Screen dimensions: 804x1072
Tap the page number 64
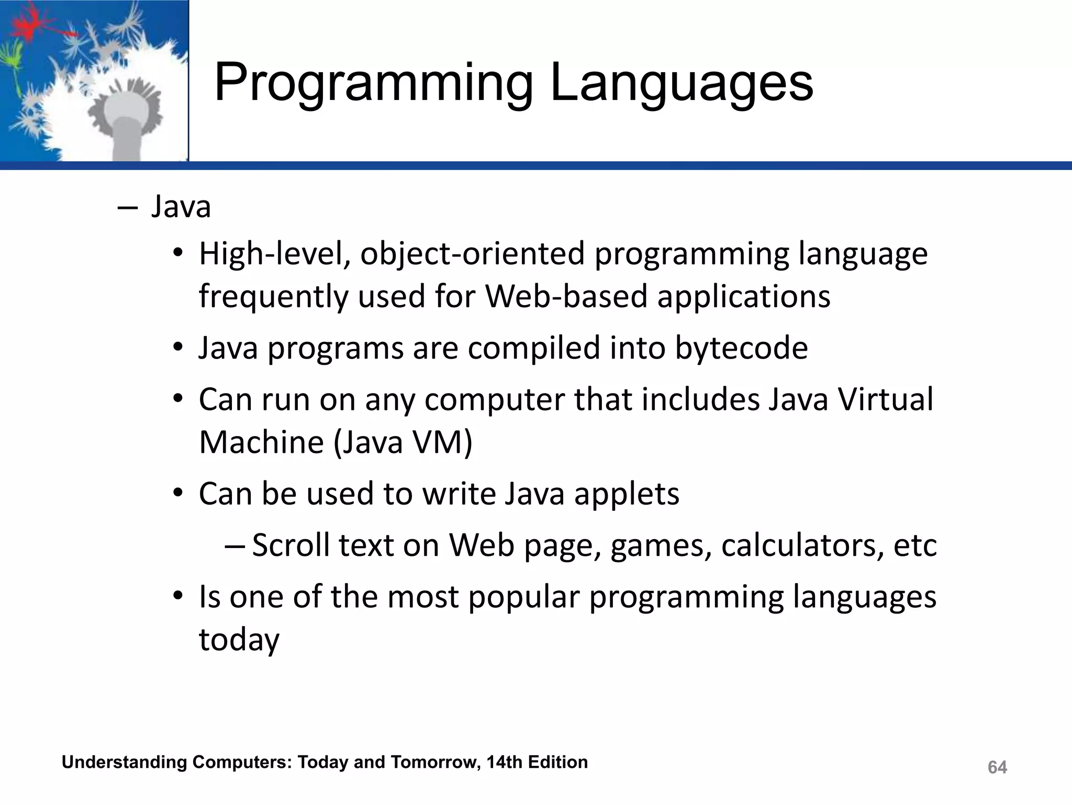997,767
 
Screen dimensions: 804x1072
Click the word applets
627,494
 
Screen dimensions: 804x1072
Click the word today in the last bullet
239,640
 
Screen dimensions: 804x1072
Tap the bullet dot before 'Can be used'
178,493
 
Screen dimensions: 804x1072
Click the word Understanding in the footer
124,762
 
